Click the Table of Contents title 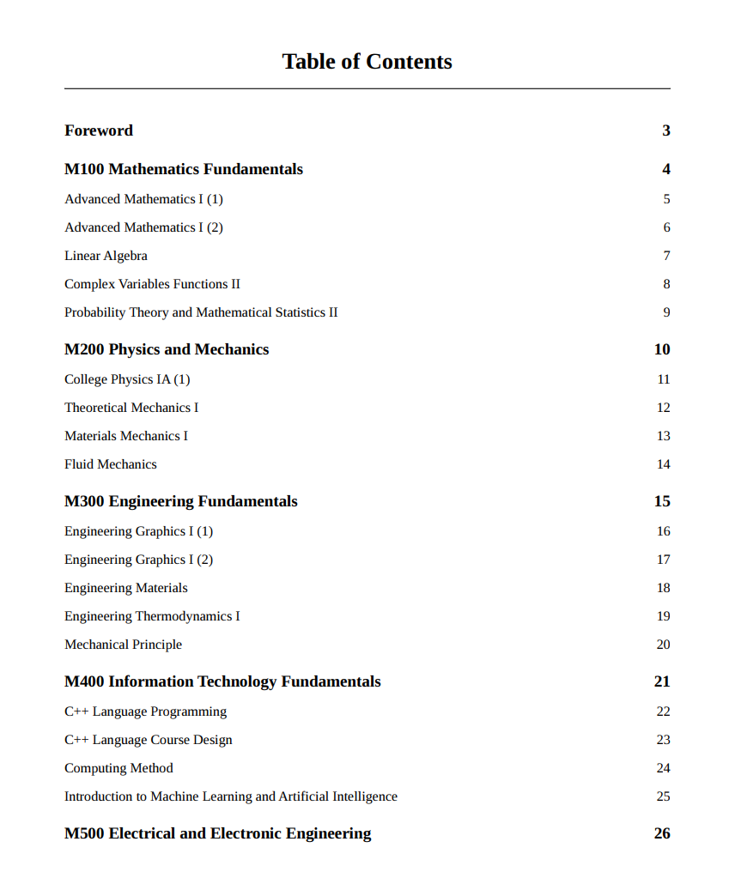[367, 62]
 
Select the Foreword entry [99, 130]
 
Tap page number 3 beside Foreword [665, 130]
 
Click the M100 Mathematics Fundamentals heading [184, 169]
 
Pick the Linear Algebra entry [106, 256]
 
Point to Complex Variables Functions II [152, 284]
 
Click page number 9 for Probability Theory [666, 312]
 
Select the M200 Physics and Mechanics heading [167, 349]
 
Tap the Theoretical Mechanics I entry [131, 408]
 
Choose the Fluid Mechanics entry [111, 464]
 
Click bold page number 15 [662, 501]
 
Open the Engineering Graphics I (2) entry [138, 560]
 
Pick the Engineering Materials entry [125, 588]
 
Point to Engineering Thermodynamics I [152, 616]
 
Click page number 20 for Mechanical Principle [663, 645]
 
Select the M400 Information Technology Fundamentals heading [222, 681]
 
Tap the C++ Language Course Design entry [148, 740]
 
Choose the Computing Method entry [118, 768]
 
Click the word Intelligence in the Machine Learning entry [365, 796]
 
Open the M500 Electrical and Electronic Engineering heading [218, 833]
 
